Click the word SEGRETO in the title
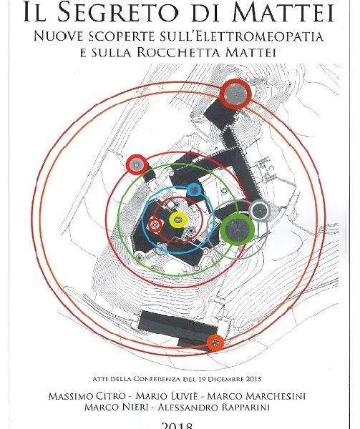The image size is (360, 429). coord(118,13)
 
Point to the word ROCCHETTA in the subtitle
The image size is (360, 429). coord(180,52)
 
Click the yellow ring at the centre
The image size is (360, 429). coord(178,220)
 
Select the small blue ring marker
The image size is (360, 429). coord(194,190)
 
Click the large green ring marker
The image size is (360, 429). coord(237,230)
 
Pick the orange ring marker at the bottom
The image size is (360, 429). coord(215,342)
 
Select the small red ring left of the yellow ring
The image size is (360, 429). coord(155,225)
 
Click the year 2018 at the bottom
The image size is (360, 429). coord(177,425)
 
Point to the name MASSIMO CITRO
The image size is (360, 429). coord(87,396)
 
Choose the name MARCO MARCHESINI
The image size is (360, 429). coord(256,396)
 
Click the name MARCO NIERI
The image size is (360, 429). coord(116,407)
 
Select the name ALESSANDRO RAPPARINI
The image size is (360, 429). coord(215,407)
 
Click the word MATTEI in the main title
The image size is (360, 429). coord(283,13)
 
